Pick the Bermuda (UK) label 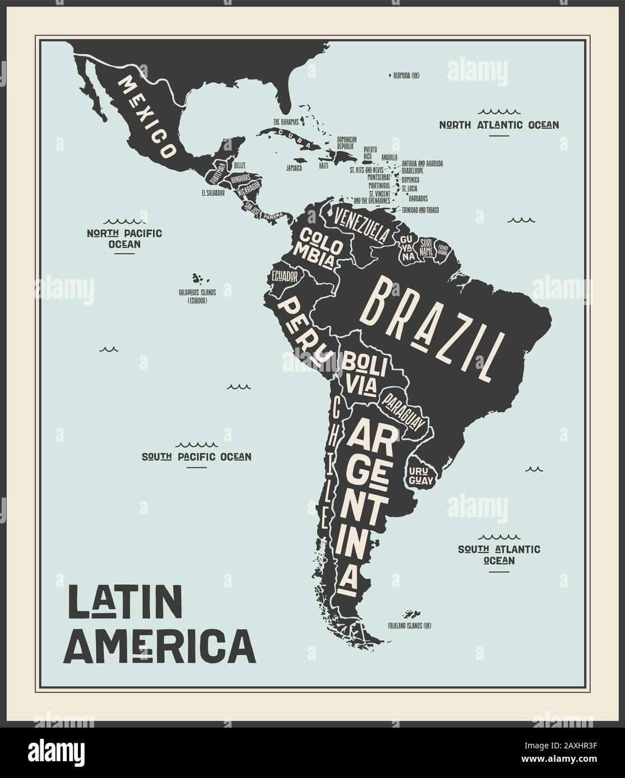coord(407,74)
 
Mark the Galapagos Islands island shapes coord(197,278)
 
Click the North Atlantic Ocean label coord(498,125)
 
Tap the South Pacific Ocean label coord(196,457)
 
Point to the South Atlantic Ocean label coord(498,554)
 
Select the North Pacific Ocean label coord(124,238)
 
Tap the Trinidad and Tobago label coord(420,210)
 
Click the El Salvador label coord(213,193)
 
